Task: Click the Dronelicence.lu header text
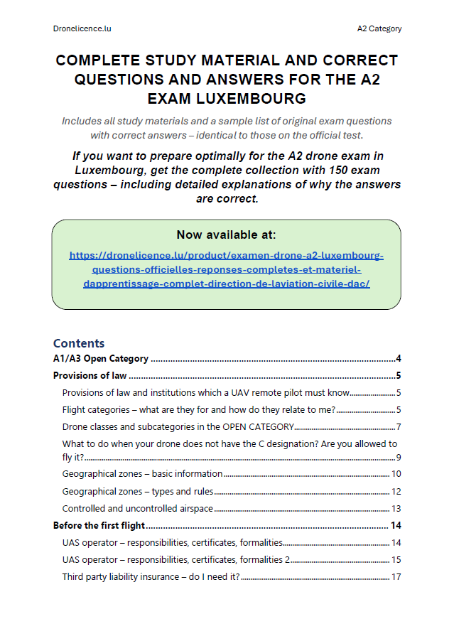tap(82, 28)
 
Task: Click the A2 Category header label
tap(379, 28)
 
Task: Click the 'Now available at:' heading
tap(226, 235)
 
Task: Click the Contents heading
tap(79, 343)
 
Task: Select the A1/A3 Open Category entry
tap(101, 358)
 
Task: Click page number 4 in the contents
tap(399, 358)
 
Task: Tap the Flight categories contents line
tap(198, 409)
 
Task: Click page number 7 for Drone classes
tap(399, 426)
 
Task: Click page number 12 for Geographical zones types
tap(396, 491)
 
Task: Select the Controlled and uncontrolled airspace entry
tap(138, 508)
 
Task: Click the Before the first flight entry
tap(99, 526)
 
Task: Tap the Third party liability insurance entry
tap(151, 576)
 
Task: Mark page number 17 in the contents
tap(396, 576)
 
